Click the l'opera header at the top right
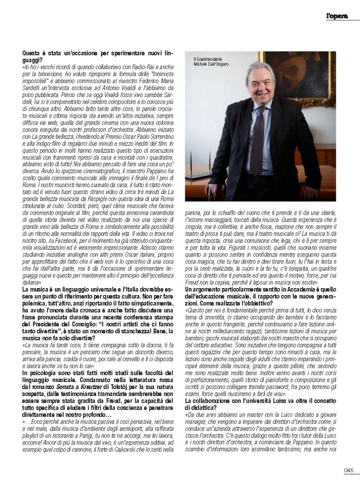coord(337,16)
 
